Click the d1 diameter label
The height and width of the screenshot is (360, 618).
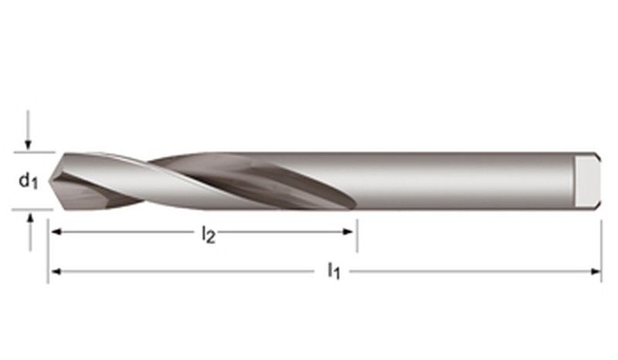tap(29, 182)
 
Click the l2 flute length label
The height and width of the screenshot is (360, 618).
tap(209, 235)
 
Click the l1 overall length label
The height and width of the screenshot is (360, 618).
tap(334, 272)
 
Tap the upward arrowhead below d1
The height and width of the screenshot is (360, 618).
tap(30, 216)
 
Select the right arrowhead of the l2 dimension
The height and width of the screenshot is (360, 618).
tap(348, 232)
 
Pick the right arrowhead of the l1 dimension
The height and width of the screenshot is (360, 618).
tap(596, 271)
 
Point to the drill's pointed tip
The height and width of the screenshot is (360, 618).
tap(49, 181)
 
